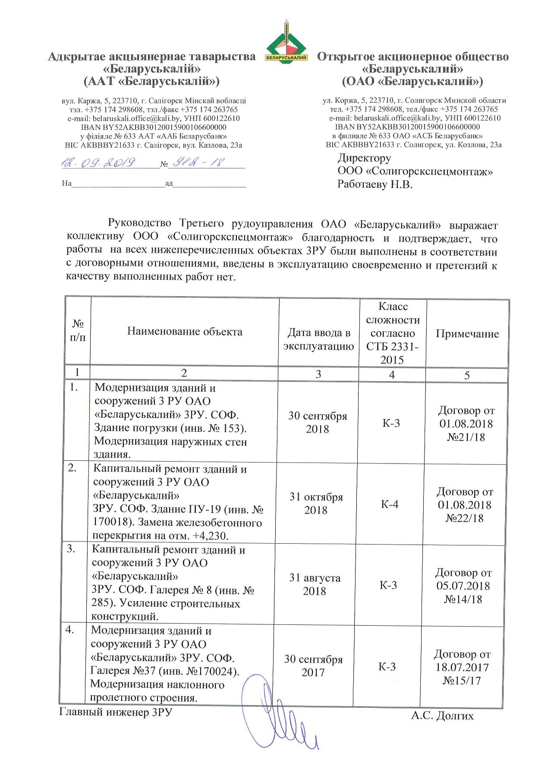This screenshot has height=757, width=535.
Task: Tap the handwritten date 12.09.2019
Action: [x=98, y=163]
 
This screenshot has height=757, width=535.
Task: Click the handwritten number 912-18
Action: [x=198, y=162]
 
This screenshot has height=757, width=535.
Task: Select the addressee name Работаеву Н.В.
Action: [x=374, y=184]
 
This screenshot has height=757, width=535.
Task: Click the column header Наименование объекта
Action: [x=185, y=332]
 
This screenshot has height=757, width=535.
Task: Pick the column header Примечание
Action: [x=467, y=334]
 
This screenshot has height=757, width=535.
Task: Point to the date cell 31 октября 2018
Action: [x=316, y=504]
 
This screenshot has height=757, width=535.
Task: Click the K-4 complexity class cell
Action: [x=390, y=504]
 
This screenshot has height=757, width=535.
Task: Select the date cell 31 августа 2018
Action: [x=315, y=584]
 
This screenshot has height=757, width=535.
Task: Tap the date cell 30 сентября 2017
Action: [x=313, y=665]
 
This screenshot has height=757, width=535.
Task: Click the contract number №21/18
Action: [x=466, y=437]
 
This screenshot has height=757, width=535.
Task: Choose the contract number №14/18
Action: [x=463, y=599]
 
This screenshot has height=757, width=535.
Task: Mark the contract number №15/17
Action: [x=461, y=681]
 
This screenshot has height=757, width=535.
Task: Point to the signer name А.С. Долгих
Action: [x=442, y=716]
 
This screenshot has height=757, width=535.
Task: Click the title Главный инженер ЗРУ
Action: [x=116, y=712]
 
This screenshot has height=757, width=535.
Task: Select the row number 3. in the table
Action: [x=71, y=549]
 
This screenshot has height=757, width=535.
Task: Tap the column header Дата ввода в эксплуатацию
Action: [x=319, y=339]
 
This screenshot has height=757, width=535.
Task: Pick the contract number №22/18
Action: [x=464, y=518]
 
